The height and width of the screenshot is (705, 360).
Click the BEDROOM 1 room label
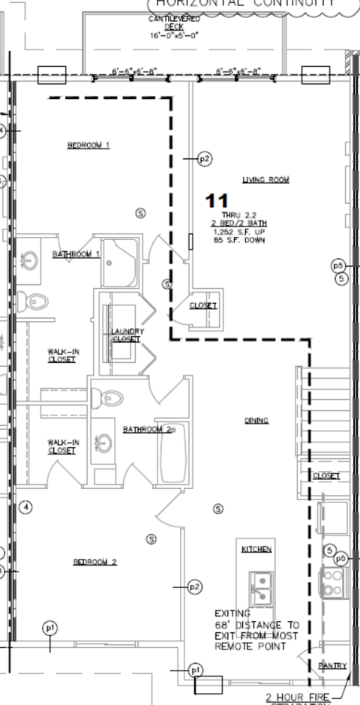88,145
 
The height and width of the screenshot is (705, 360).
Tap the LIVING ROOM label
265,179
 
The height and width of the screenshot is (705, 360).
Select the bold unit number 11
217,200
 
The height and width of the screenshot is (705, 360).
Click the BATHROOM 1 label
76,254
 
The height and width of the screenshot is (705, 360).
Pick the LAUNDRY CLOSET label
126,335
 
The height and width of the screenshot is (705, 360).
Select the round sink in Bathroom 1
30,262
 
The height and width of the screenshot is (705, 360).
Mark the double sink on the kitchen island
261,587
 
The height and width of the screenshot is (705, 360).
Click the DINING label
256,421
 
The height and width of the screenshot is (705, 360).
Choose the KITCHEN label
256,549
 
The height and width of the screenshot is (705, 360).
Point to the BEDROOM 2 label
94,562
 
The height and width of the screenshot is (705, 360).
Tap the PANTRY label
331,665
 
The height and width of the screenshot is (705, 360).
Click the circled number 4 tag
26,508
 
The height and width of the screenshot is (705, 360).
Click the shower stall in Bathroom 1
119,262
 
